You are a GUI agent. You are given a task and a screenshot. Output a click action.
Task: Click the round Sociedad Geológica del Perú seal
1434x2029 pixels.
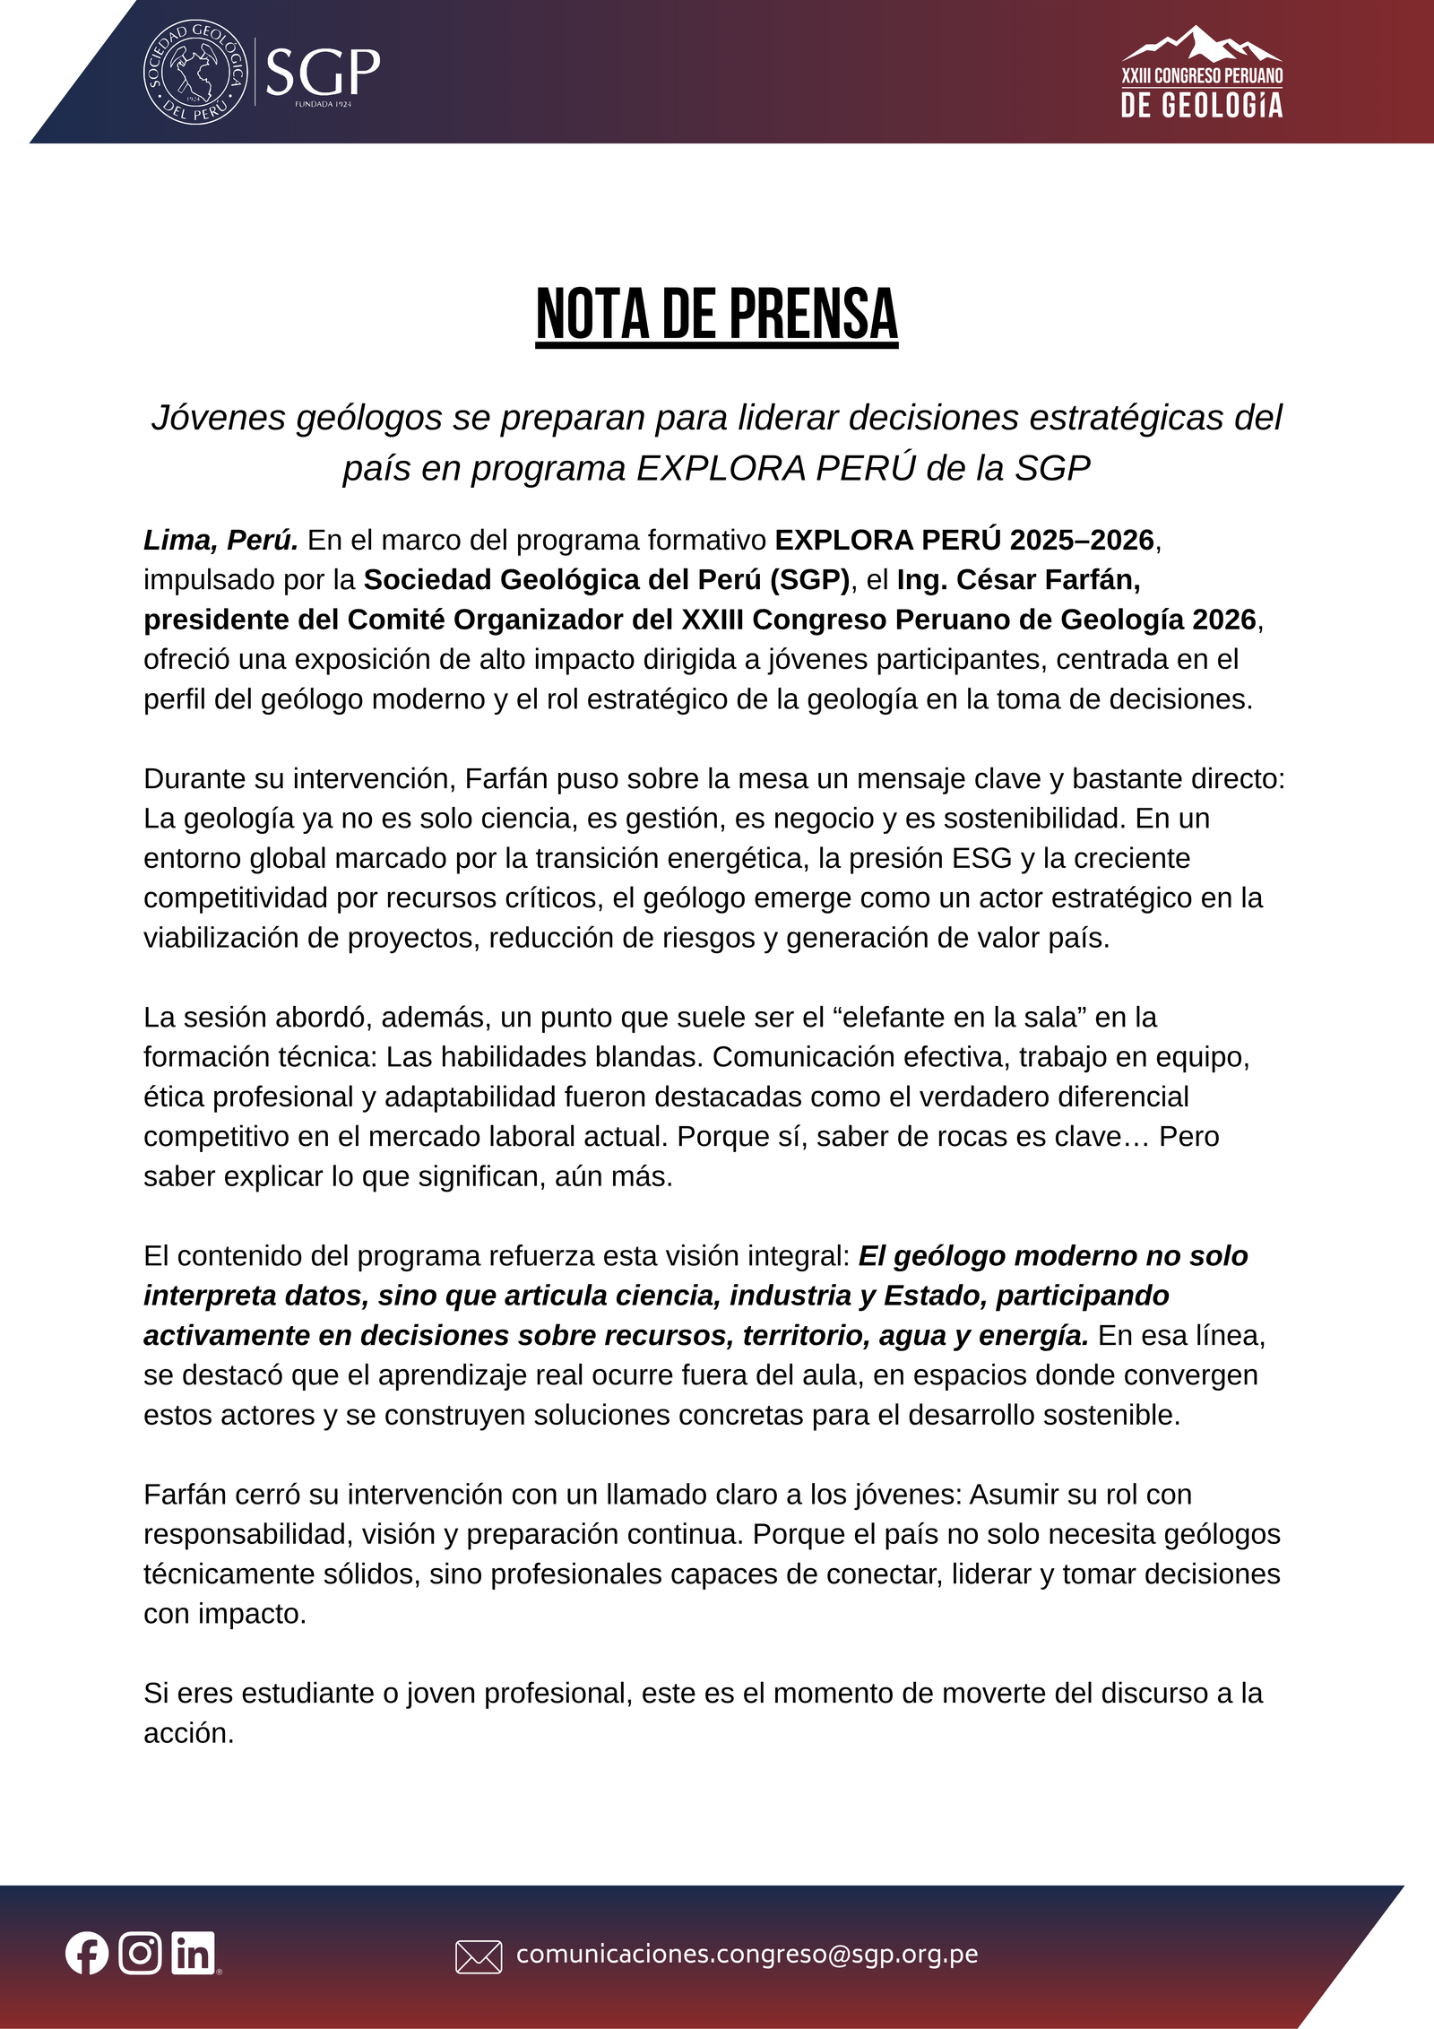[x=195, y=73]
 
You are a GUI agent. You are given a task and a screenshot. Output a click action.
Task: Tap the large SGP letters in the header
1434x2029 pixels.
[x=323, y=72]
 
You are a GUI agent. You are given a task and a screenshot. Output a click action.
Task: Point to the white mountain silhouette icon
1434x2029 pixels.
[x=1201, y=44]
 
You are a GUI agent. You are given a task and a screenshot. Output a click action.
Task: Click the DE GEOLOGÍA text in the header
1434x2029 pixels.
[x=1201, y=106]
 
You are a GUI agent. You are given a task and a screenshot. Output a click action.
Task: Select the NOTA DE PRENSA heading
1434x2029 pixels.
[x=716, y=315]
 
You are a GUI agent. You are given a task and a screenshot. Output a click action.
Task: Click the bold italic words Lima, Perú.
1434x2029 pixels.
[x=220, y=541]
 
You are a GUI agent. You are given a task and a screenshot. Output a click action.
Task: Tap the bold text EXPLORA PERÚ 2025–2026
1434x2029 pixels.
[x=964, y=541]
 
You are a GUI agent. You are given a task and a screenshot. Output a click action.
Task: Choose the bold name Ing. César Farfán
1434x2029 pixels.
[x=1018, y=580]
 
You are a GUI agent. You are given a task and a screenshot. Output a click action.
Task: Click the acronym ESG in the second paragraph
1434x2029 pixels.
[x=981, y=858]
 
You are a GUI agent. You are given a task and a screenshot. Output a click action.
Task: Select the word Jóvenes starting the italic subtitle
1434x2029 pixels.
[x=218, y=418]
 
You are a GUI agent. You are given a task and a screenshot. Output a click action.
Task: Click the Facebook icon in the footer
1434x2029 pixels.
[x=87, y=1954]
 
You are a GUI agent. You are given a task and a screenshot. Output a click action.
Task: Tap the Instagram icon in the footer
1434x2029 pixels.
[x=141, y=1954]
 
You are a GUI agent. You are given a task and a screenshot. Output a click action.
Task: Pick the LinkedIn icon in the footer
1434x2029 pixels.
[x=194, y=1954]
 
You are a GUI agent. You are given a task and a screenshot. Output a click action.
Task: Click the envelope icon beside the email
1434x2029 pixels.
[x=479, y=1956]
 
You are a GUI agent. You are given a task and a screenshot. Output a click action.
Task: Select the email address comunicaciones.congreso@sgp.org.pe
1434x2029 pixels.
[x=747, y=1955]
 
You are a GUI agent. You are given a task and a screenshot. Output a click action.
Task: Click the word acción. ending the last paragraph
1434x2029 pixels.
[x=188, y=1733]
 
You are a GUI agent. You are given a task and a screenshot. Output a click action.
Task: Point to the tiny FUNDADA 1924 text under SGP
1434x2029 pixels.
[x=323, y=104]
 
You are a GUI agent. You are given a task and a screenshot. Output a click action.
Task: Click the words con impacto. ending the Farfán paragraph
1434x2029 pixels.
[x=225, y=1614]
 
